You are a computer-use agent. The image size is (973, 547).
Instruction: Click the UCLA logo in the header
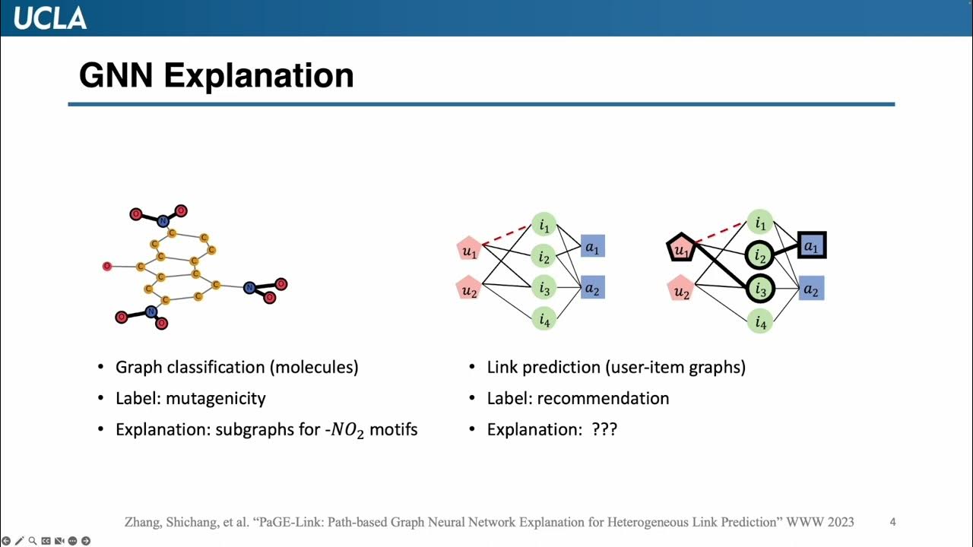(50, 17)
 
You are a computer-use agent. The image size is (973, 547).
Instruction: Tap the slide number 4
(892, 522)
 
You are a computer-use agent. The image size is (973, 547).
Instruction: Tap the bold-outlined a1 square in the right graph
(811, 245)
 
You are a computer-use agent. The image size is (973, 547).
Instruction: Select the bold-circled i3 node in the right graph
(759, 289)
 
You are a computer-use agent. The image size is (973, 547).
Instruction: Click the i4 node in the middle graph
(544, 319)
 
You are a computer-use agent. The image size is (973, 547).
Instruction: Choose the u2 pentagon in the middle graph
(469, 289)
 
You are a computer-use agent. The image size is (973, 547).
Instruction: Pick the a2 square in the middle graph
(592, 288)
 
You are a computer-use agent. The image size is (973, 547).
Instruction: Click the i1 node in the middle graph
(544, 225)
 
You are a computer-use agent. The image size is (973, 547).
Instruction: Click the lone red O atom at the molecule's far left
(106, 266)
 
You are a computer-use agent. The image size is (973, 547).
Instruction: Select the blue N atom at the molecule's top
(162, 221)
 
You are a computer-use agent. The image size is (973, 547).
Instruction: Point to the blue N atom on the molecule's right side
(249, 287)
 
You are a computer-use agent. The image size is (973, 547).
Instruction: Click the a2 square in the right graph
(811, 289)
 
